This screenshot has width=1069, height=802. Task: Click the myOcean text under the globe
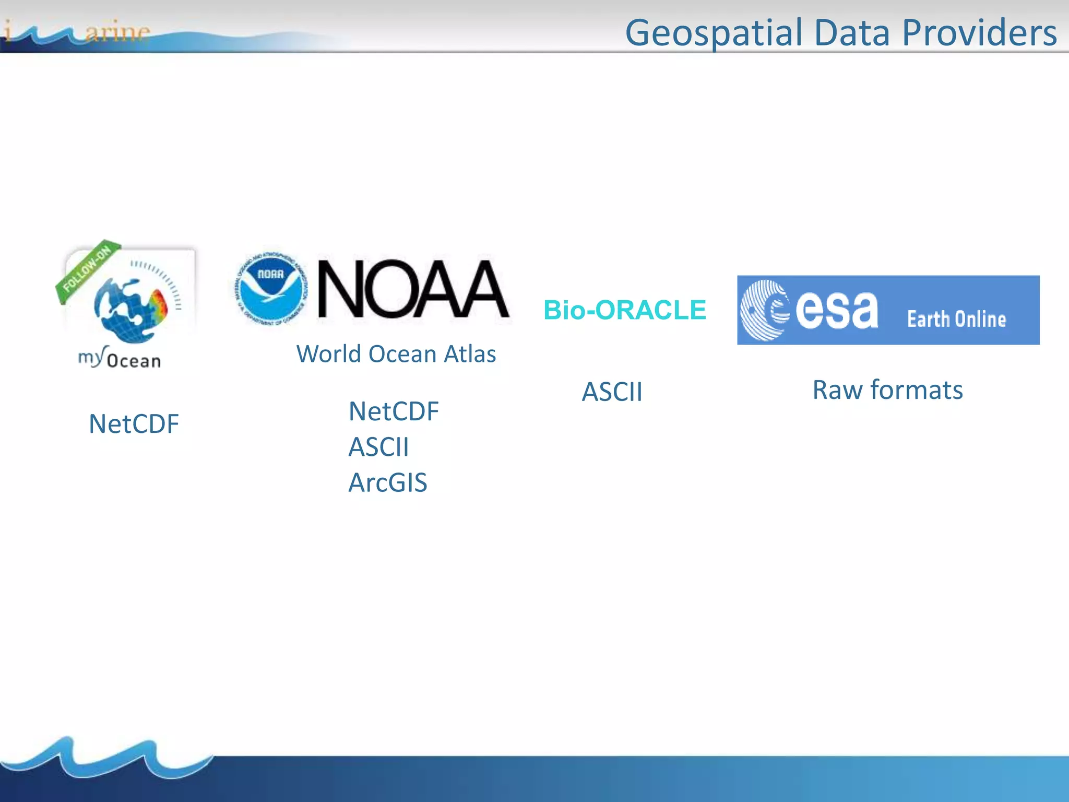point(120,359)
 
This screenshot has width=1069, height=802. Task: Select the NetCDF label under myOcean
point(134,424)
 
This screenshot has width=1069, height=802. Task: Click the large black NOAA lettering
point(412,289)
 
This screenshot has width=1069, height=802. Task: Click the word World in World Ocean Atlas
point(329,354)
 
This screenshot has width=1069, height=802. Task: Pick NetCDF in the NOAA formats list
point(394,411)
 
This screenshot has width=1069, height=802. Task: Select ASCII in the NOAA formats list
point(378,447)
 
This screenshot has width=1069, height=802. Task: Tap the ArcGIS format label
point(388,483)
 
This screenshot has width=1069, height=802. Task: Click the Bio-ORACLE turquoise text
point(625,310)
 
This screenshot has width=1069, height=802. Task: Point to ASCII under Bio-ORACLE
point(612,392)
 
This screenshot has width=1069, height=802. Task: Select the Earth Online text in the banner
point(956,319)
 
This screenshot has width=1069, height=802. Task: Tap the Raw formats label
point(887,390)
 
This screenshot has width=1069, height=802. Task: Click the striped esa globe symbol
point(765,310)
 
